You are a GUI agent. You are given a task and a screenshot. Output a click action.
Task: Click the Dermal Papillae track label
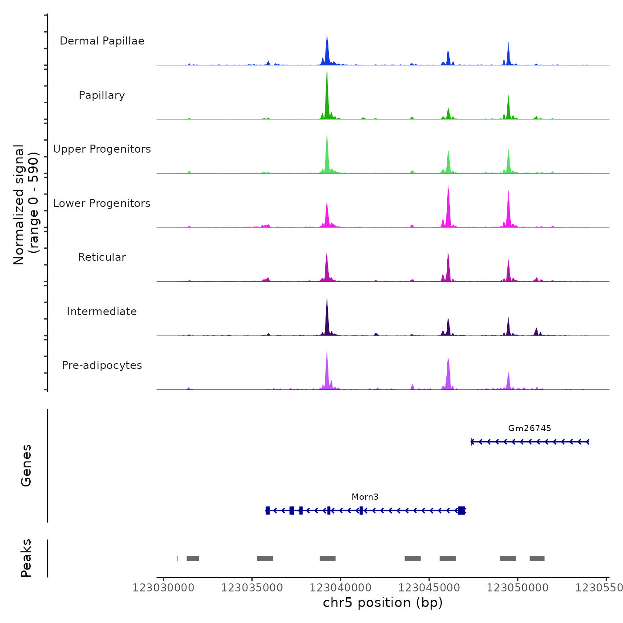(102, 41)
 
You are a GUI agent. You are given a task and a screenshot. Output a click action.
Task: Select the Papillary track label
(102, 95)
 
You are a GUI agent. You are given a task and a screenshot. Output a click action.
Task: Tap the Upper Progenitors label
(102, 149)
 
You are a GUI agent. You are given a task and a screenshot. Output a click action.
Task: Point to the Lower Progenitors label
(102, 203)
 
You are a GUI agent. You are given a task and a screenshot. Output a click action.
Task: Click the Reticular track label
(102, 257)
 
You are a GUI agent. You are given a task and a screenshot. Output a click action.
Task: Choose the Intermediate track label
(102, 311)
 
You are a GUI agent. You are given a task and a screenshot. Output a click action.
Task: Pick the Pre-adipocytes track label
(102, 365)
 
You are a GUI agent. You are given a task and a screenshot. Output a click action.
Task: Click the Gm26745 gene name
(530, 429)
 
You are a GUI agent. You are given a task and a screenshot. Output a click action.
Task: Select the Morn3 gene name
(365, 497)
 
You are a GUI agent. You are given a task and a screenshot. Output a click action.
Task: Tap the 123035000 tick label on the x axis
(252, 588)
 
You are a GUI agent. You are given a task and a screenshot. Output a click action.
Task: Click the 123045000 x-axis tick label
(429, 588)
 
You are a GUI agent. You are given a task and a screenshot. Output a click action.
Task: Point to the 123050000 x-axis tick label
(518, 588)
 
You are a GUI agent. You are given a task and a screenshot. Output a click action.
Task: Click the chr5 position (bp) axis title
(383, 603)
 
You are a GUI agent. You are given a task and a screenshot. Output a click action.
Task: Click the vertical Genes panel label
(26, 465)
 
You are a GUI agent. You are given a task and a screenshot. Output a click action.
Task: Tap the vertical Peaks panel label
(26, 558)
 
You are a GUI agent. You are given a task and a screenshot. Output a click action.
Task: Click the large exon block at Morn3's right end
(461, 510)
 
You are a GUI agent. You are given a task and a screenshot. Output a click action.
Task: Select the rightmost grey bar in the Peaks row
(537, 558)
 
